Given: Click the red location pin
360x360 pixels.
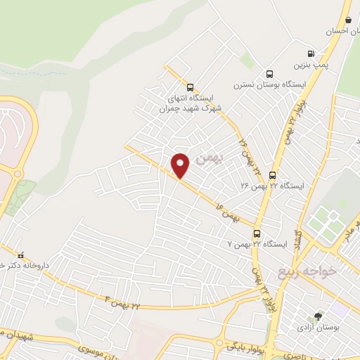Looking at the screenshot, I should [x=181, y=165].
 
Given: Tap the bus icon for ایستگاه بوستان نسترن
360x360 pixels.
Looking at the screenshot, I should [x=269, y=75].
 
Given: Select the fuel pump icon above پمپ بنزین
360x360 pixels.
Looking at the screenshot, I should [x=311, y=53].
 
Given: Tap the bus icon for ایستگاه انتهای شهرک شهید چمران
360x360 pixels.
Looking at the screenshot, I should [x=191, y=87].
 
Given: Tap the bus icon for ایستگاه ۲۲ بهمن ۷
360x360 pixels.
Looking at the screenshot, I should [x=257, y=233].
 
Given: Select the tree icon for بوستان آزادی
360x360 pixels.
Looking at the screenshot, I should [x=318, y=316].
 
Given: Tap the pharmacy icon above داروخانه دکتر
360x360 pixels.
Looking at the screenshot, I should [x=20, y=255].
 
